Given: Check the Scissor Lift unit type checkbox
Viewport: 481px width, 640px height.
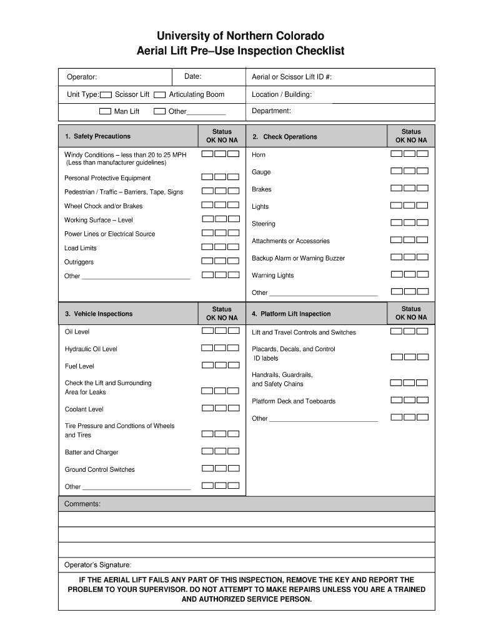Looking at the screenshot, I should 106,95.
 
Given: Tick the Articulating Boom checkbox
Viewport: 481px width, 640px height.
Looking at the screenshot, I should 159,95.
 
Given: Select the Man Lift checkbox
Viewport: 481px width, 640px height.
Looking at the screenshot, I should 105,112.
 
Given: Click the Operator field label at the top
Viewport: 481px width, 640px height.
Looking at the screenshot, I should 82,77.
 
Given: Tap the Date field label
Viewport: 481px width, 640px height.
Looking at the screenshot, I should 192,76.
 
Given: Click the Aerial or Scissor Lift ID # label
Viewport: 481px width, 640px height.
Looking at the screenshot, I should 292,77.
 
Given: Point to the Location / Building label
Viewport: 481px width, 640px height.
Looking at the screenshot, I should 281,94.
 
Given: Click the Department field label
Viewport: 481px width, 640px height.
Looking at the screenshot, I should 271,111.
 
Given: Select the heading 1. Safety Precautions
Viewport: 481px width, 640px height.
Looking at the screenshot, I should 97,136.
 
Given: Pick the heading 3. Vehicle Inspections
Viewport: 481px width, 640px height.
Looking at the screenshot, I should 99,314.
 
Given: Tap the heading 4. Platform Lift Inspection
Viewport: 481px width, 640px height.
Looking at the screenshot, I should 291,314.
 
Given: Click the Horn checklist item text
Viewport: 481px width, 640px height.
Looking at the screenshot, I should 259,155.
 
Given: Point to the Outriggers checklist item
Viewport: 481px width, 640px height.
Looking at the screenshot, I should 79,262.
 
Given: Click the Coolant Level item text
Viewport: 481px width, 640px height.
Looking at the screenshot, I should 84,409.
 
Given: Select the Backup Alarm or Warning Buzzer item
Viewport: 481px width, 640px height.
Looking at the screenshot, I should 298,258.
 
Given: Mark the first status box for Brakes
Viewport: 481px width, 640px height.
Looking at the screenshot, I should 396,187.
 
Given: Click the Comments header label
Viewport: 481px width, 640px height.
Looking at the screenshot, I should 82,504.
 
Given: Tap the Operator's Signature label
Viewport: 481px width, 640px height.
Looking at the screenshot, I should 98,564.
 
